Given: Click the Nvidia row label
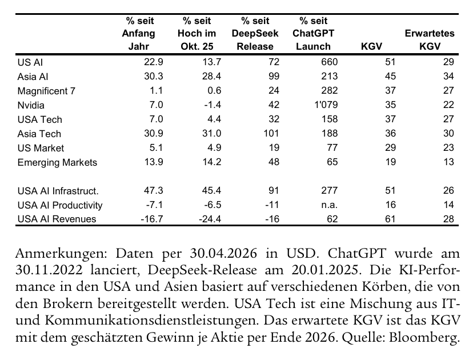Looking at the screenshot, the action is click(x=31, y=105).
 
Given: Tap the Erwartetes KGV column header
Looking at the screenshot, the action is click(x=430, y=39).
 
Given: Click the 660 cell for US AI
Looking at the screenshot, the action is click(x=330, y=62).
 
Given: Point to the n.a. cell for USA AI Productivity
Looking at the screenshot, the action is click(x=329, y=205).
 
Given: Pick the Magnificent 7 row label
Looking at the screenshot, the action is click(x=46, y=91).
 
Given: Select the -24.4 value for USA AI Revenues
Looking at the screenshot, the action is click(x=210, y=219).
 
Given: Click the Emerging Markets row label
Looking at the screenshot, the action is click(x=57, y=162).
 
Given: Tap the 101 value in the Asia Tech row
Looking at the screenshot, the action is click(x=271, y=133).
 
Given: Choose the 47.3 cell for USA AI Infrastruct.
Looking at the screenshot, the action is click(x=154, y=190).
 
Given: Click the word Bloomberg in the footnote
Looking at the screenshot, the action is click(x=424, y=338).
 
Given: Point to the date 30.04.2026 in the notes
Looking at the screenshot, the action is click(x=223, y=254).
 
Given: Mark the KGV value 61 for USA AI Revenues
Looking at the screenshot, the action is click(x=390, y=219).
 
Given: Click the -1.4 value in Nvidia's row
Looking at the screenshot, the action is click(x=212, y=105).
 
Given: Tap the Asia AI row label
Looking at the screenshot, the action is click(x=33, y=77).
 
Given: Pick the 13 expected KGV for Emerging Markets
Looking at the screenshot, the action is click(x=448, y=162).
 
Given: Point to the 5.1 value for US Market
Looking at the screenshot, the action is click(x=156, y=147).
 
